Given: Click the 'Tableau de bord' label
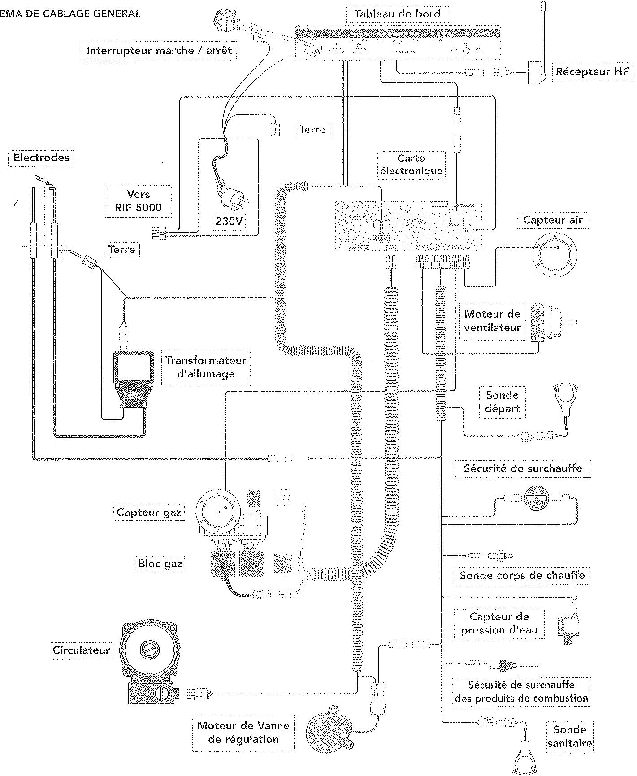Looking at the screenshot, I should [397, 14].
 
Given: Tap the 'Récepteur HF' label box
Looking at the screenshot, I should [592, 72].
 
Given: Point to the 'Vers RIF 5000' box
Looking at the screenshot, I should [139, 201].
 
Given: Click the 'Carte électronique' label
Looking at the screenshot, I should [411, 165].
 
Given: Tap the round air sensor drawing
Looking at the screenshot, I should [554, 254].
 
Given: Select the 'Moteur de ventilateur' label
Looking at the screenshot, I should [492, 321].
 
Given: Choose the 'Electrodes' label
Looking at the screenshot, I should [41, 158].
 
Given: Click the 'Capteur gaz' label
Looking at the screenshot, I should [149, 512].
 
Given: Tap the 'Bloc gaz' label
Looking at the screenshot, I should [160, 564].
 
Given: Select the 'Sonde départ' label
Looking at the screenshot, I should [502, 402].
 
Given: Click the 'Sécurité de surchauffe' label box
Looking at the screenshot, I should [523, 468].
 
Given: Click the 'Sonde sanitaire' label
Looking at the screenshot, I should [569, 737].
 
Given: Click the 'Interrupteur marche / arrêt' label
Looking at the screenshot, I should [159, 50].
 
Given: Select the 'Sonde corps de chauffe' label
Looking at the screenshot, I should [522, 575].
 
